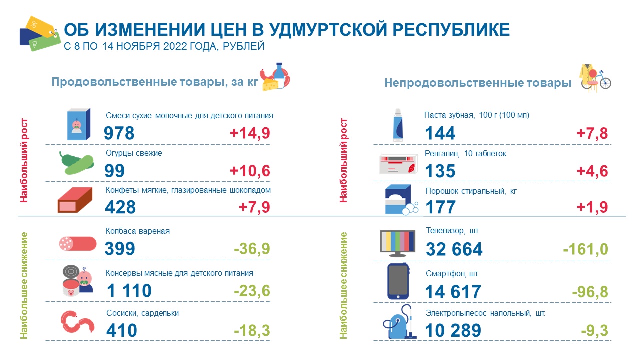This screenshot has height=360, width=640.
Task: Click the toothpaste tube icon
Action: [x=398, y=125]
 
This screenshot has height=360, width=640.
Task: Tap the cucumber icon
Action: [x=77, y=163]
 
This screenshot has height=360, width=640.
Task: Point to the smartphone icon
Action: [x=398, y=281]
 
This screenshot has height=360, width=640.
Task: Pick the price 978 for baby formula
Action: [x=119, y=133]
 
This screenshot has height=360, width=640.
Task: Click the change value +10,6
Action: [x=250, y=171]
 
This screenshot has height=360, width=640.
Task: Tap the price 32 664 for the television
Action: [x=454, y=249]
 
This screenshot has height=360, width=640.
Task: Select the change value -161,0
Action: [x=586, y=249]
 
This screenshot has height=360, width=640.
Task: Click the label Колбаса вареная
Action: [x=138, y=231]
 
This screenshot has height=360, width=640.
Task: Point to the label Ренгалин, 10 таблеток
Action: [x=465, y=154]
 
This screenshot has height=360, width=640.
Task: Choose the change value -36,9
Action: [x=252, y=248]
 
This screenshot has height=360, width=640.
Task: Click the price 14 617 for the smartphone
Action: [x=453, y=292]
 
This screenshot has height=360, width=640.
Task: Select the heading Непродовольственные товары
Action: [x=478, y=83]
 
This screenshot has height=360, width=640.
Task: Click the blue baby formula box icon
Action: [x=78, y=124]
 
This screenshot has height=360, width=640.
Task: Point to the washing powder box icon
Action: [x=401, y=200]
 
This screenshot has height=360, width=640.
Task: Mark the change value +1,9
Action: [x=592, y=207]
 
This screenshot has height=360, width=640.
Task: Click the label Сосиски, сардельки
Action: [x=142, y=313]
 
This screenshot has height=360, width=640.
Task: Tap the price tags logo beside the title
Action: [x=40, y=34]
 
